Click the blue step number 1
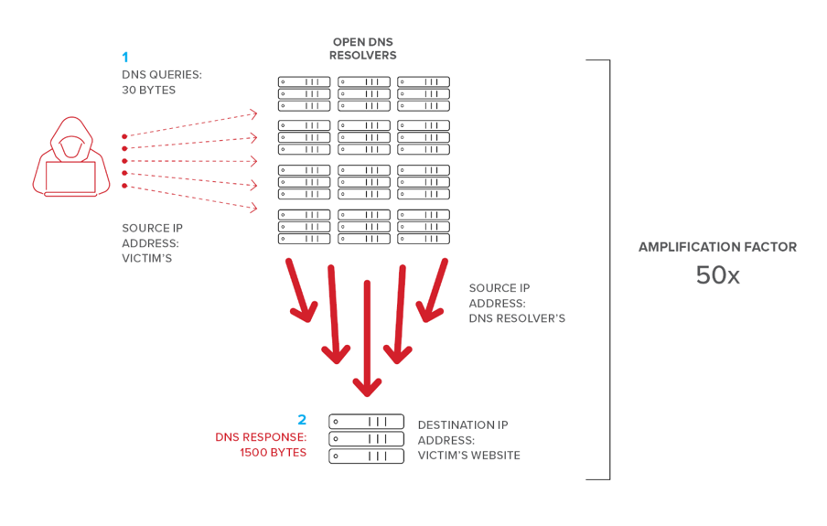(125, 58)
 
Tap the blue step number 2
(302, 420)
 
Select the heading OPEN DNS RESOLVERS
(363, 48)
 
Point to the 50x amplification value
(717, 275)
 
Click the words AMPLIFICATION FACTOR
(717, 247)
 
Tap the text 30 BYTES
(148, 90)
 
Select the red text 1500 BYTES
(273, 453)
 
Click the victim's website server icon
(366, 438)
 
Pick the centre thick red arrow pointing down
(367, 338)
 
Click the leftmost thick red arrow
(300, 291)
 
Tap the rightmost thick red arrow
(432, 291)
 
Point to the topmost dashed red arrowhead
(252, 114)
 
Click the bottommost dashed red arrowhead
(252, 209)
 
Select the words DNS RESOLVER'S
(517, 318)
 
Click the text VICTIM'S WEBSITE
(468, 456)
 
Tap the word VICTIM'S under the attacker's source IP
(146, 259)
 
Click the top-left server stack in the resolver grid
(305, 94)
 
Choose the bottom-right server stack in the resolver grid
(424, 227)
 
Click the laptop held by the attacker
(70, 177)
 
